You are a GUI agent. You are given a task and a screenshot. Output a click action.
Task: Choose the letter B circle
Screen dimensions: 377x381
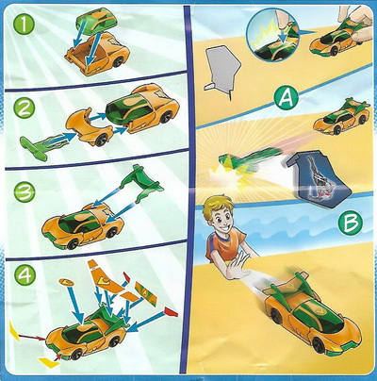tap(351, 223)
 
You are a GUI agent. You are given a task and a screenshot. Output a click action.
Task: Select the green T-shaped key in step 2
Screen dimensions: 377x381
tap(43, 144)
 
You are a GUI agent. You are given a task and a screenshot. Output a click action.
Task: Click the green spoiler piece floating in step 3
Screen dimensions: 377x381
tap(140, 183)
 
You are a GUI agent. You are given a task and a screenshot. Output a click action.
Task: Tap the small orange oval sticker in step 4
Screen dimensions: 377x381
tap(66, 282)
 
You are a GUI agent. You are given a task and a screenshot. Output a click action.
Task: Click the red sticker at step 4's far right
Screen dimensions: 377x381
tap(171, 312)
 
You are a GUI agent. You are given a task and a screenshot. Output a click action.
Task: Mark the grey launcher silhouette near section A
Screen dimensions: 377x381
tap(221, 71)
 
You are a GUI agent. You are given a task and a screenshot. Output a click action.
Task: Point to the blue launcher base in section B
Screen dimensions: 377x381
tap(317, 178)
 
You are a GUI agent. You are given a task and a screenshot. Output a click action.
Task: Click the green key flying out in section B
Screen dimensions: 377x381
tap(248, 158)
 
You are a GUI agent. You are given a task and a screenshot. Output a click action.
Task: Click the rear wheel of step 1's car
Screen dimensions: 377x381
tap(117, 61)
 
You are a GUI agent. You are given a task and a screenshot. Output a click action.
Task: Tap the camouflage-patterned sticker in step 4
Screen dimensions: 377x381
tap(146, 294)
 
